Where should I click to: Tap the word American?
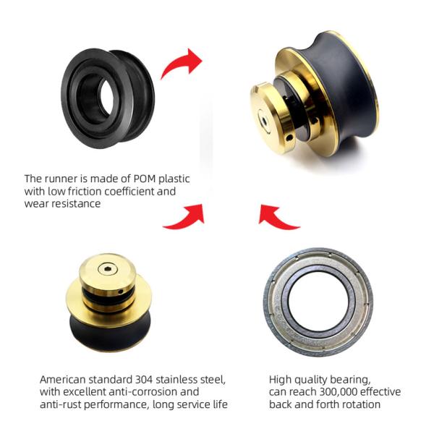point(64,379)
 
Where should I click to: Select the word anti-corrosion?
point(153,391)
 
